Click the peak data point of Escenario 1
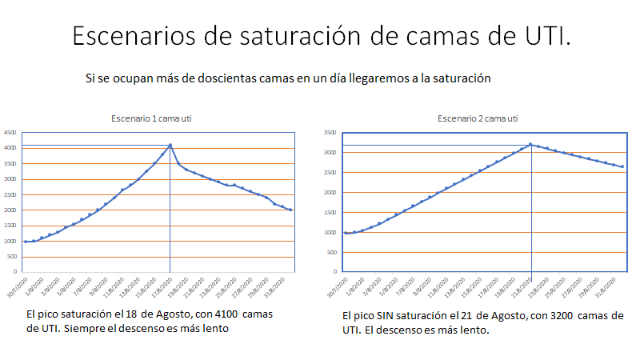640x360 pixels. click(170, 145)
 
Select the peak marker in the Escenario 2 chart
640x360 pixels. click(530, 144)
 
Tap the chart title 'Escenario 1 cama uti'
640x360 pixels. click(151, 118)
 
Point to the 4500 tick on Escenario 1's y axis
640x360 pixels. click(10, 132)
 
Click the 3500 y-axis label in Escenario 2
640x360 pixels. click(330, 132)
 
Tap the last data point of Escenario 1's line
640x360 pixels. click(290, 210)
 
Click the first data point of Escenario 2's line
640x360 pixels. click(346, 233)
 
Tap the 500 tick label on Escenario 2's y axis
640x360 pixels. click(331, 252)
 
